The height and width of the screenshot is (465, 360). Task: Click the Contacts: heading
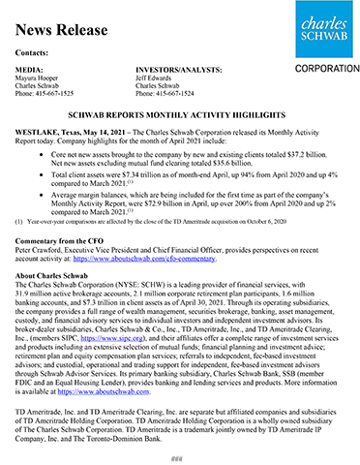[34, 50]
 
